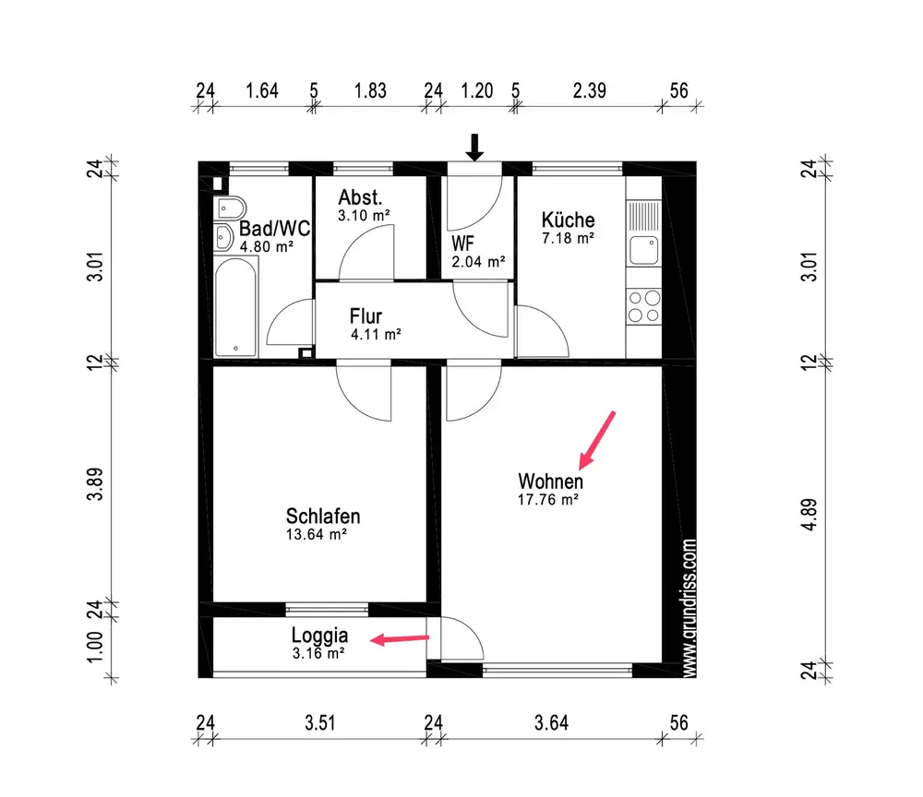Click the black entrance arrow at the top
[x=474, y=148]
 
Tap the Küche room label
[x=568, y=220]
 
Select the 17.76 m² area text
[x=548, y=500]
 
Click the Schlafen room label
[x=322, y=517]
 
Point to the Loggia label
[x=319, y=636]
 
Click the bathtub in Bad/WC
[x=235, y=307]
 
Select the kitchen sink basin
[x=643, y=251]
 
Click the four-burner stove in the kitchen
[x=643, y=306]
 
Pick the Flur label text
[x=366, y=316]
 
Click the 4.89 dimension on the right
[x=810, y=515]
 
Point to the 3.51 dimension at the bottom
[x=320, y=723]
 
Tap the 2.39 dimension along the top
[x=589, y=90]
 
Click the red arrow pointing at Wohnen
[x=597, y=440]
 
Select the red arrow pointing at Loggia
[x=400, y=638]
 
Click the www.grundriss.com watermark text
[x=689, y=608]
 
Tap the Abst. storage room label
[x=360, y=197]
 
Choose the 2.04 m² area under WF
[x=478, y=262]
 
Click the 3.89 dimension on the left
[x=95, y=484]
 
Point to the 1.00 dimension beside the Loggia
[x=95, y=647]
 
